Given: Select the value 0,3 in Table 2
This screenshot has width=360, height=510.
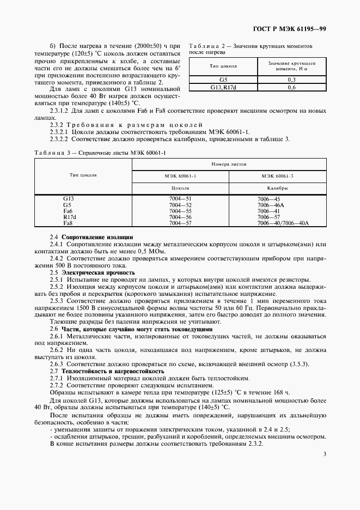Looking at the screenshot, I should pos(291,80).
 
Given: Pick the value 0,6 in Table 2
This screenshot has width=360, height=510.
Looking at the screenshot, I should pos(291,87).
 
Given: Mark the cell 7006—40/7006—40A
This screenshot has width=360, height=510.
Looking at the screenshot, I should pos(283,223).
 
